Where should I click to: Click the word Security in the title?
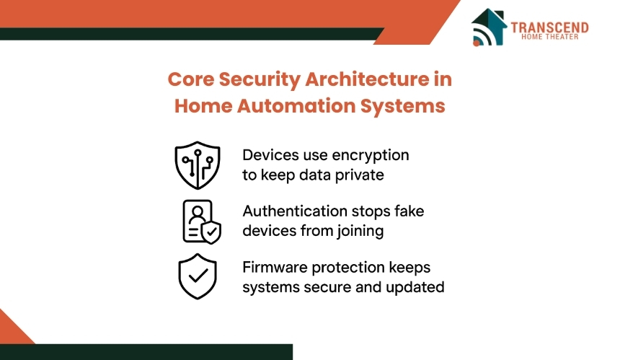point(260,80)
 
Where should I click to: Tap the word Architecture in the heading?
point(367,79)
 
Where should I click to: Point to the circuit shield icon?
point(198,165)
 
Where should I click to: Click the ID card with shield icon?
point(202,221)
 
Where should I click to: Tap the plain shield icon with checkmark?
point(198,276)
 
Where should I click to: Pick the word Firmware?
point(275,268)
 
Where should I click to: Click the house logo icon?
point(489,27)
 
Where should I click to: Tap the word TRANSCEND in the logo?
point(549,27)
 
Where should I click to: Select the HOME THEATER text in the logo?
point(549,37)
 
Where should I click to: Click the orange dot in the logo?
point(477,43)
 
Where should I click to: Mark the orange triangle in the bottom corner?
point(12,331)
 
